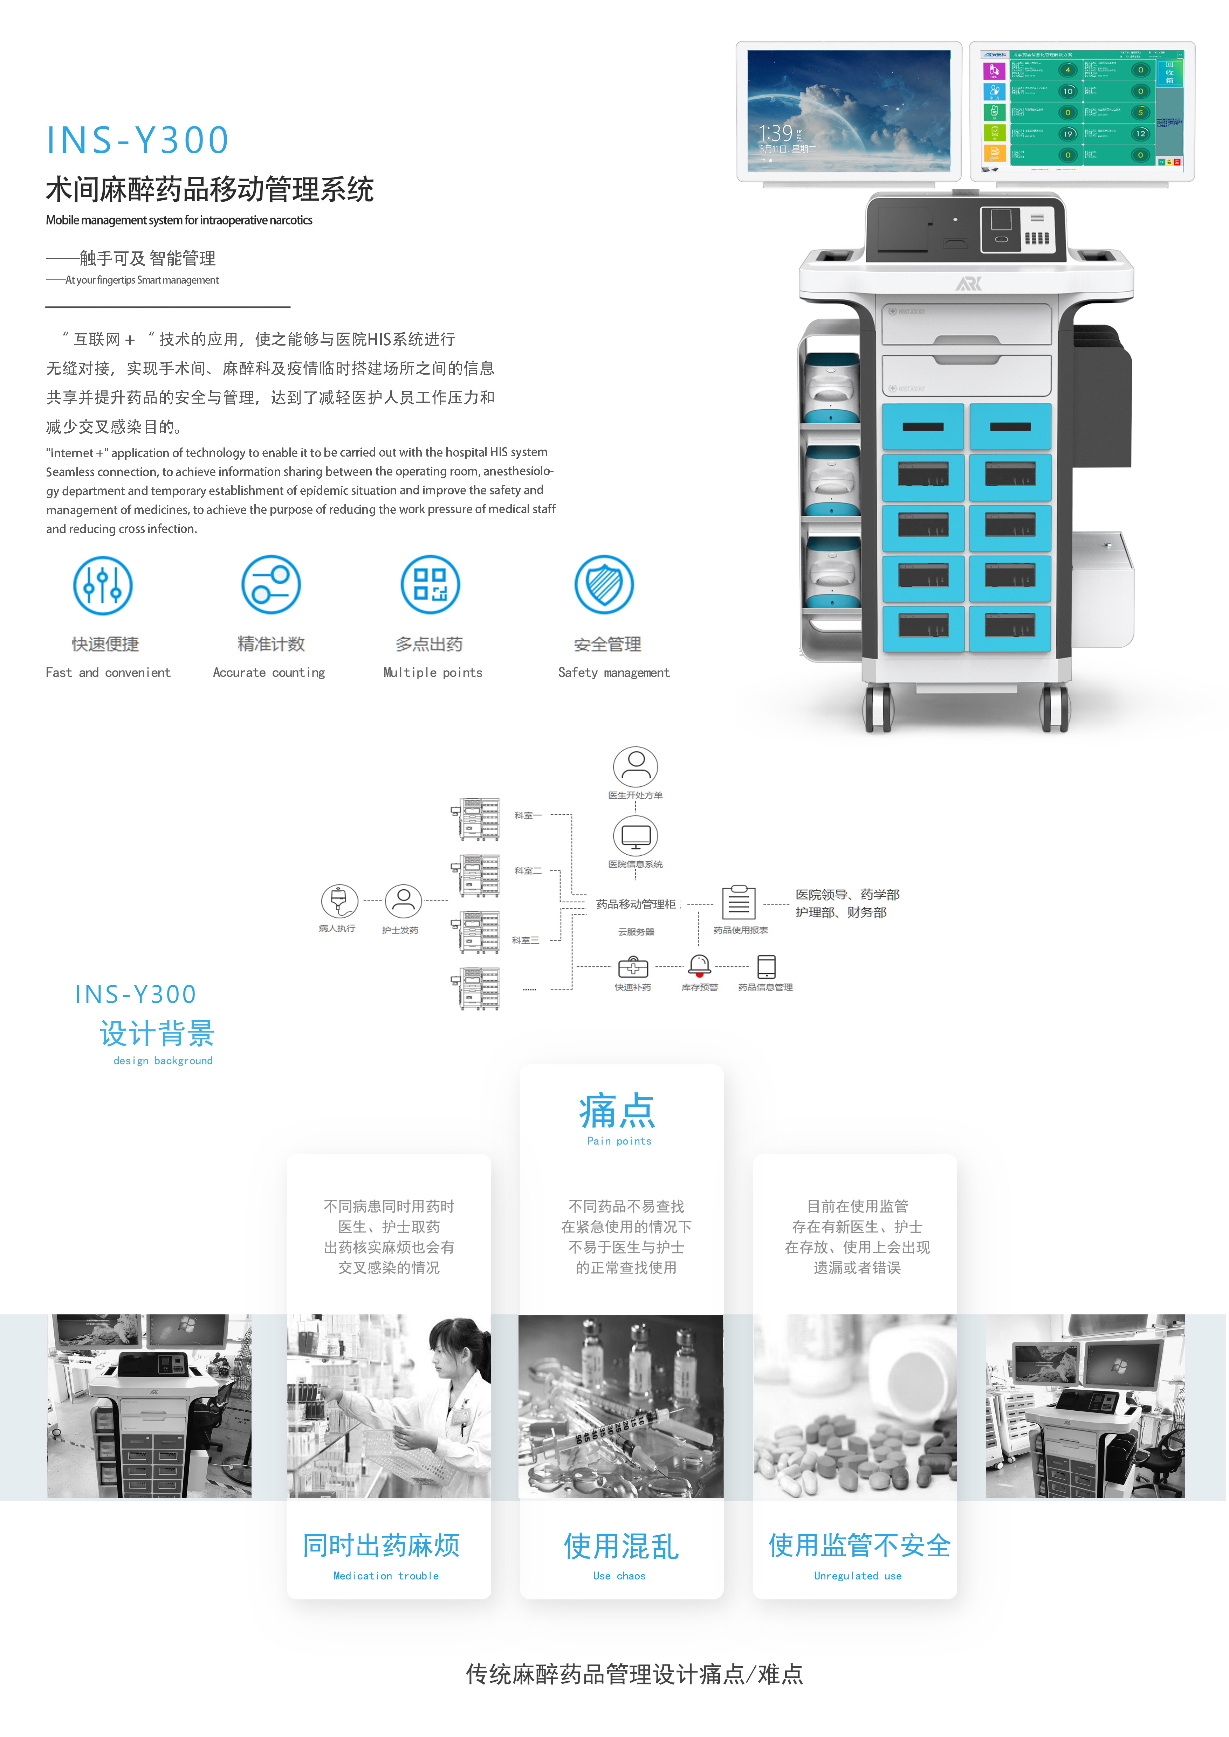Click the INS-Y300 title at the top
coord(138,141)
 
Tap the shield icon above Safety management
coord(604,585)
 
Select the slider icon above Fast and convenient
coord(103,585)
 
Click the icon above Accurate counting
coord(271,585)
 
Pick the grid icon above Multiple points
coord(430,585)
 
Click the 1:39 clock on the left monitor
coord(776,134)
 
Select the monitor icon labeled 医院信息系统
coord(636,836)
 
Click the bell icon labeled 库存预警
coord(699,965)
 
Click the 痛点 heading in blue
coord(618,1111)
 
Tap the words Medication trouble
coord(386,1576)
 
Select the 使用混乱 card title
coord(620,1546)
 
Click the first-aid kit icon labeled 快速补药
coord(633,967)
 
